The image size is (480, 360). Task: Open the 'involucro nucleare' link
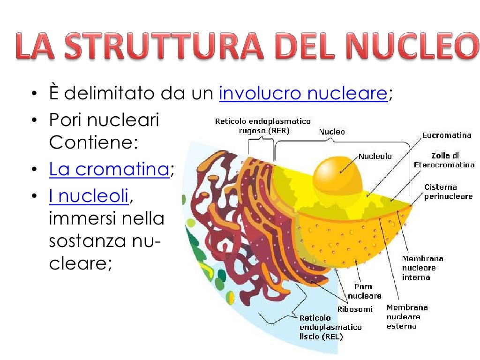303,94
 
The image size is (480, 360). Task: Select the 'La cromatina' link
109,169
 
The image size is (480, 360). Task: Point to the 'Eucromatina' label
446,135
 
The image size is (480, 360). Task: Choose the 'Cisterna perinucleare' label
448,192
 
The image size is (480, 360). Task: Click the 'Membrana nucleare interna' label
422,268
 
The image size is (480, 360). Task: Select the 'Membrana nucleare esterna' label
407,316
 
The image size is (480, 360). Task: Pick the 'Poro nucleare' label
364,291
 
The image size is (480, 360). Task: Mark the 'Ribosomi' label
355,309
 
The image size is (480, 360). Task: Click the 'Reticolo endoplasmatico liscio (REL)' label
330,327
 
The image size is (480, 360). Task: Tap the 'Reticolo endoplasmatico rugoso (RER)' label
262,126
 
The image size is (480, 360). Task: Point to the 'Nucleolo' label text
375,156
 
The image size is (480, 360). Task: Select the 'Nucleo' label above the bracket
332,132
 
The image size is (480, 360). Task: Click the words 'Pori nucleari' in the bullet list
104,120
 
